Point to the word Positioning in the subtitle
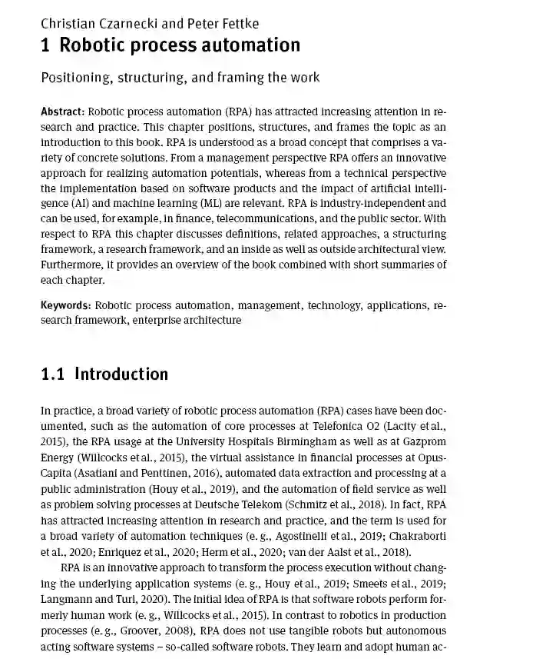point(76,78)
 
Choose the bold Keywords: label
point(65,305)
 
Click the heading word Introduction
point(121,374)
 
